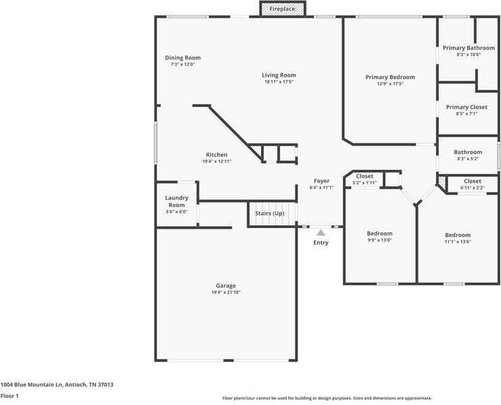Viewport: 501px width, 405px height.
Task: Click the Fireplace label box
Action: [283, 9]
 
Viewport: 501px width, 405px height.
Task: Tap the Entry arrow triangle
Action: [320, 232]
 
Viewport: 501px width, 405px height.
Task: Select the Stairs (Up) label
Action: [270, 213]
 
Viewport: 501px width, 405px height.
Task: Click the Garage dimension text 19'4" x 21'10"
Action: [226, 293]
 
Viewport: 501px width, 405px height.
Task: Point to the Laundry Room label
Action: [176, 201]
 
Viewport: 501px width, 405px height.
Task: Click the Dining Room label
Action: [183, 58]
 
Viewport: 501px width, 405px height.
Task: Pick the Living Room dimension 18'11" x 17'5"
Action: [279, 82]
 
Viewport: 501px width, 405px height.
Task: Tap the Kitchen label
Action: [216, 154]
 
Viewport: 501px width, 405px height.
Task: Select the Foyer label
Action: [321, 181]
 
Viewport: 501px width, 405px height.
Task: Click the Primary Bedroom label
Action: [390, 77]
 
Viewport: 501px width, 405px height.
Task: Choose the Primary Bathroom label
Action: [469, 48]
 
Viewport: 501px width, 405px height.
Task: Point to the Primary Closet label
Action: [467, 107]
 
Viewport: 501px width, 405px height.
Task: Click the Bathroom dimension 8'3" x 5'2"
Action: [468, 159]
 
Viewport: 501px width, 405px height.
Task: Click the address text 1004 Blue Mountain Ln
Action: [57, 385]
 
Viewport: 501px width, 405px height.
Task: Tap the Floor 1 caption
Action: [9, 396]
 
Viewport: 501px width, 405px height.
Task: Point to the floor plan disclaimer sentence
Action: [327, 398]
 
